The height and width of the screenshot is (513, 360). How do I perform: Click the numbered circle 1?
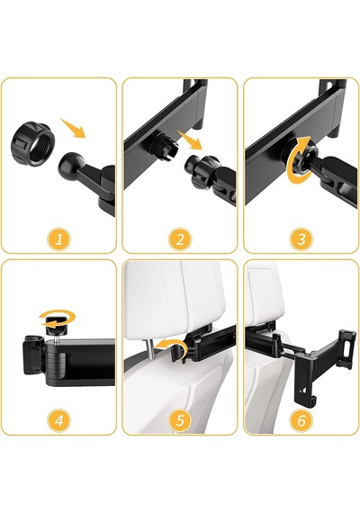pyautogui.click(x=58, y=239)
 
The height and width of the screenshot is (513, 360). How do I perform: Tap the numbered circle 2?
pyautogui.click(x=180, y=239)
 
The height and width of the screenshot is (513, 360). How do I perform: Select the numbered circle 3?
pyautogui.click(x=301, y=239)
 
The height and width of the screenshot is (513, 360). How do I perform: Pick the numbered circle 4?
pyautogui.click(x=58, y=420)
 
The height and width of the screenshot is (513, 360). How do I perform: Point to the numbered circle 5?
pyautogui.click(x=180, y=420)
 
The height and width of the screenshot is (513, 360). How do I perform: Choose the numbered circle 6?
pyautogui.click(x=301, y=420)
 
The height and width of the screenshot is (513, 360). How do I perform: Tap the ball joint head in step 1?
pyautogui.click(x=69, y=166)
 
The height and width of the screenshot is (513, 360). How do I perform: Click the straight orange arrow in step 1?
pyautogui.click(x=73, y=129)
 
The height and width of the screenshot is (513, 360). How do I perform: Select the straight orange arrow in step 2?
pyautogui.click(x=190, y=139)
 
